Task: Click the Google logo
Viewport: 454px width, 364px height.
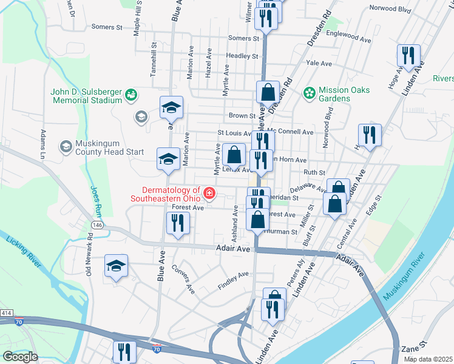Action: [x=20, y=357]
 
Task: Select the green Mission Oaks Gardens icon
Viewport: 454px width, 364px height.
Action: [x=310, y=93]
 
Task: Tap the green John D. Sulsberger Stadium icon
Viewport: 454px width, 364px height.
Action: [x=130, y=95]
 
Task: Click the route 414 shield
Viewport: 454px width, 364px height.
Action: [x=6, y=312]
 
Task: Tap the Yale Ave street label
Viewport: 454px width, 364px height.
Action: [x=319, y=63]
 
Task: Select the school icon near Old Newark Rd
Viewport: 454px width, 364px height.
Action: [x=116, y=265]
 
